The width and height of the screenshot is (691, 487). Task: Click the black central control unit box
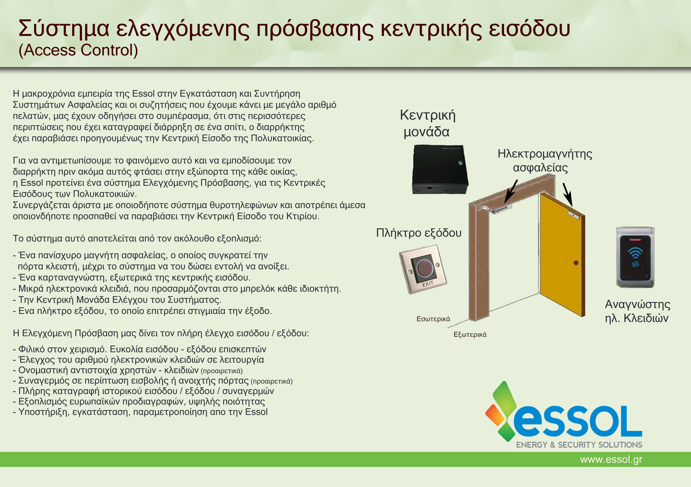click(440, 169)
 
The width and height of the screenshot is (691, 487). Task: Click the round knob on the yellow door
click(576, 263)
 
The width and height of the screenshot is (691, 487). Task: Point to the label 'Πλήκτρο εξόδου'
click(419, 233)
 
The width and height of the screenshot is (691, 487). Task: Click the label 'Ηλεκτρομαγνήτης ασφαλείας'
click(545, 160)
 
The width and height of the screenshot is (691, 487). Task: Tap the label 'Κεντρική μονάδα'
click(427, 123)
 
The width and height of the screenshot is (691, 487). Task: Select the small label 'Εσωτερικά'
click(433, 319)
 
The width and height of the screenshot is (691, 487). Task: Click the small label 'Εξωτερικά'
click(470, 335)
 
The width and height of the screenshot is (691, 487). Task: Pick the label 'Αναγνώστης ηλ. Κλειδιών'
click(638, 311)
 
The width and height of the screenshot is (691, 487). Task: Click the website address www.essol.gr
click(611, 459)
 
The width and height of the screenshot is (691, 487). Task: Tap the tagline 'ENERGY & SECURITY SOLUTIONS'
click(579, 445)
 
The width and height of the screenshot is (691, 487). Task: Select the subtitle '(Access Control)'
click(78, 50)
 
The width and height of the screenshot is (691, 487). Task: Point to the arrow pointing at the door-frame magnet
click(511, 191)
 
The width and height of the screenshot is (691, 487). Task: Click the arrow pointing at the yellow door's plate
click(568, 195)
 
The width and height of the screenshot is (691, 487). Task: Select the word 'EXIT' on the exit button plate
click(427, 284)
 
